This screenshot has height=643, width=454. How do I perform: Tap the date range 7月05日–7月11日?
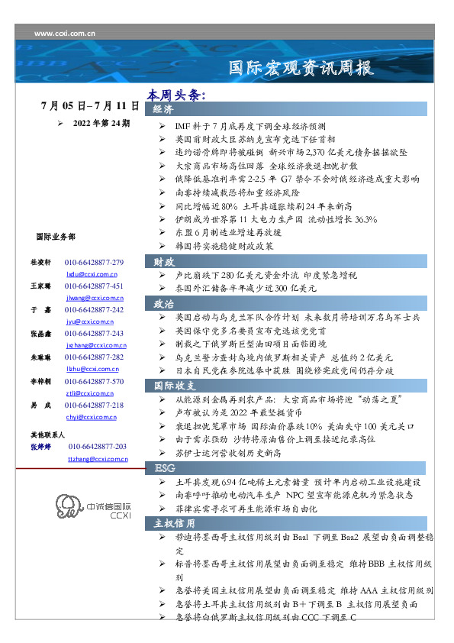tap(91, 105)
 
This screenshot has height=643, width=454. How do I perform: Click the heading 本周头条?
tap(177, 95)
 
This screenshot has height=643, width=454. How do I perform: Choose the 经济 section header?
tap(163, 110)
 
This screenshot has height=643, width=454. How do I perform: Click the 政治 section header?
tap(163, 304)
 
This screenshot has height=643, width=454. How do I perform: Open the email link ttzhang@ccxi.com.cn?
tap(98, 458)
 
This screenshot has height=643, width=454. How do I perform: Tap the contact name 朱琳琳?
tap(40, 357)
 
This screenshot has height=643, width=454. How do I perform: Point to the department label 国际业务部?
tap(56, 237)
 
